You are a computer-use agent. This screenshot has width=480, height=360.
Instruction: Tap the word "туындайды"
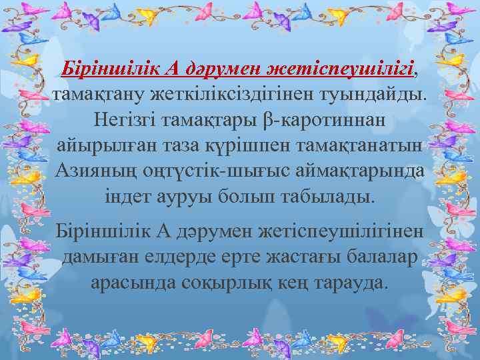(374, 93)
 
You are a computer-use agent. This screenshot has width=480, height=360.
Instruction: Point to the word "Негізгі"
(127, 120)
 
